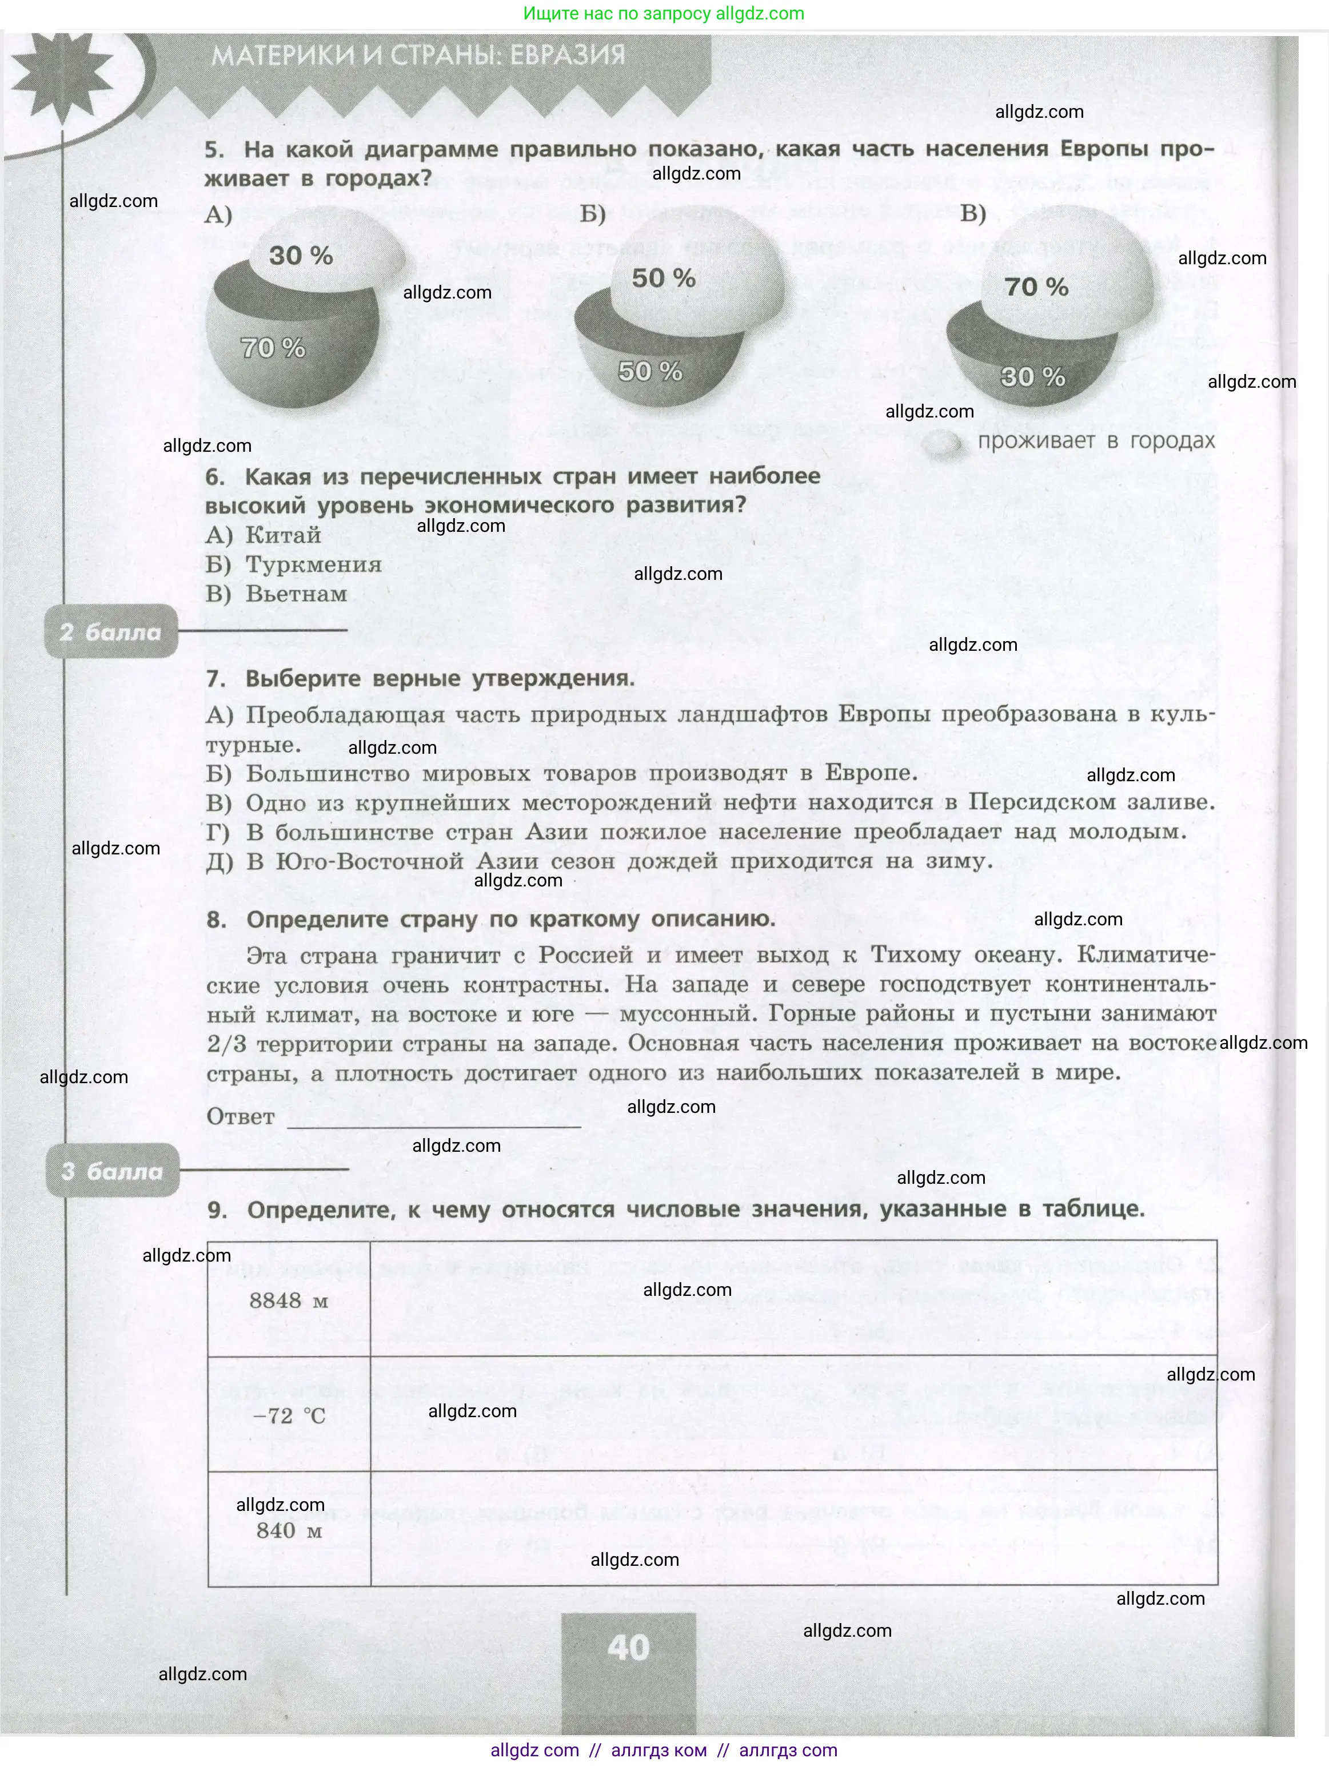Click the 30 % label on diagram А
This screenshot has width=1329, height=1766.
coord(301,256)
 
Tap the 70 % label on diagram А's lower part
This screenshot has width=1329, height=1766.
coord(273,348)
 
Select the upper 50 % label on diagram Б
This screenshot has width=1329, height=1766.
coord(663,279)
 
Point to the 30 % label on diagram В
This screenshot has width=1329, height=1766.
coord(1033,377)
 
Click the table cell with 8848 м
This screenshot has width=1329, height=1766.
coord(288,1300)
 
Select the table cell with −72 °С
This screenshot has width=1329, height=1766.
coord(289,1415)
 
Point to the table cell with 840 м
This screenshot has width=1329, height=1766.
coord(289,1530)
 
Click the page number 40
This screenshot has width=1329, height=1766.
coord(628,1648)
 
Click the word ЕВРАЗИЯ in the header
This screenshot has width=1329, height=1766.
coord(568,55)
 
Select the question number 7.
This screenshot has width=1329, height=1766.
coord(215,679)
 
